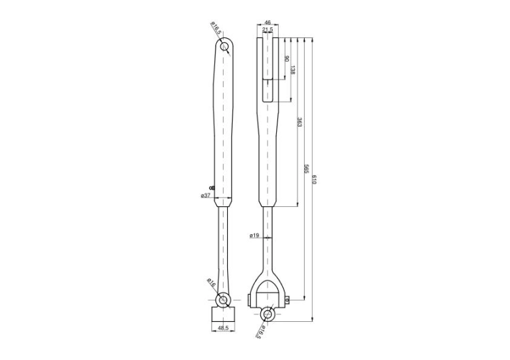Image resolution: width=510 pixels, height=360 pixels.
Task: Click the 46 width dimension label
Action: click(267, 22)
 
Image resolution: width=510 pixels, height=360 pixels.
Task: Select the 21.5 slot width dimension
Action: click(267, 30)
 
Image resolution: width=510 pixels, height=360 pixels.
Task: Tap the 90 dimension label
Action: click(286, 59)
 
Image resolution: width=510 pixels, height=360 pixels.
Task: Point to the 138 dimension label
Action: click(292, 70)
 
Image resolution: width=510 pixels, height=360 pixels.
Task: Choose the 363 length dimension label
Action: click(299, 122)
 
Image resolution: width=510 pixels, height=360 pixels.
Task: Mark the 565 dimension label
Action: click(306, 169)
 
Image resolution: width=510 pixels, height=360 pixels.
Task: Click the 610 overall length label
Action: click(314, 180)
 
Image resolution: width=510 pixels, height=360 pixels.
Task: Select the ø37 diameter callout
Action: click(206, 195)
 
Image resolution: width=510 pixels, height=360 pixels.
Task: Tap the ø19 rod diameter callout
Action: click(254, 235)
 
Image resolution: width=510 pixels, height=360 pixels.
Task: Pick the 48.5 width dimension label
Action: click(223, 329)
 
